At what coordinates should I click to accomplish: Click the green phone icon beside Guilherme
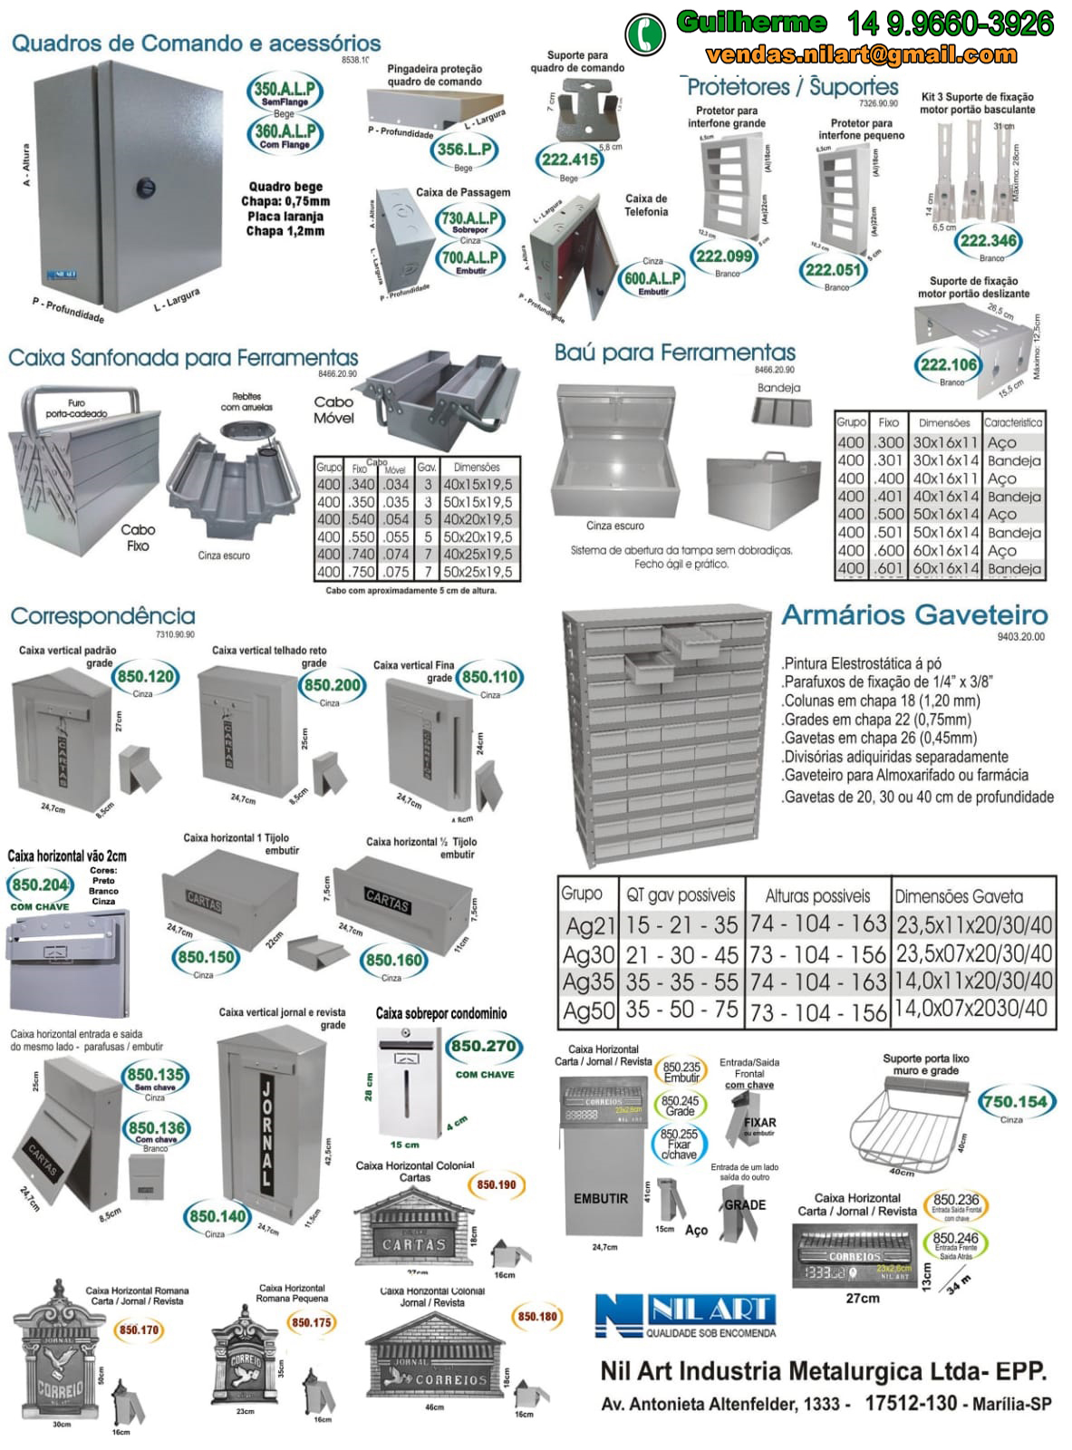click(644, 33)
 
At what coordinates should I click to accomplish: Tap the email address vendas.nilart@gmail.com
click(861, 55)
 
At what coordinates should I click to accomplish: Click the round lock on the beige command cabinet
click(145, 188)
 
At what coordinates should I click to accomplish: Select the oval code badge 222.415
click(569, 160)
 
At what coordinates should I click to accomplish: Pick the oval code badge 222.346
click(988, 240)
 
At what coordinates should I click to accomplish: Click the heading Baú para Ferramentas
click(675, 353)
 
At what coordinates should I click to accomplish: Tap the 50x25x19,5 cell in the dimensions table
click(477, 572)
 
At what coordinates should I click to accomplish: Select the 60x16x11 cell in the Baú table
click(944, 550)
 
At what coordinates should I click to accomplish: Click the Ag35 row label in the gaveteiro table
click(588, 982)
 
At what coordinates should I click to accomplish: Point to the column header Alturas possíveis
click(817, 895)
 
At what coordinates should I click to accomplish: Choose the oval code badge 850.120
click(145, 677)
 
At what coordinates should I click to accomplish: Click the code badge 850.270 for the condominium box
click(484, 1047)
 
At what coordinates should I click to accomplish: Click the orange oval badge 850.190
click(496, 1184)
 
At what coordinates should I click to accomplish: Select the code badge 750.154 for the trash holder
click(1014, 1102)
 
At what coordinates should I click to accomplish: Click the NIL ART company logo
click(686, 1313)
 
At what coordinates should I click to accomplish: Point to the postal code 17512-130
click(911, 1403)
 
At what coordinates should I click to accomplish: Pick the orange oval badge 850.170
click(139, 1329)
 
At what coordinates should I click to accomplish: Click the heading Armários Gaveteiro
click(914, 614)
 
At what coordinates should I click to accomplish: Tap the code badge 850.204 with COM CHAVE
click(40, 885)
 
